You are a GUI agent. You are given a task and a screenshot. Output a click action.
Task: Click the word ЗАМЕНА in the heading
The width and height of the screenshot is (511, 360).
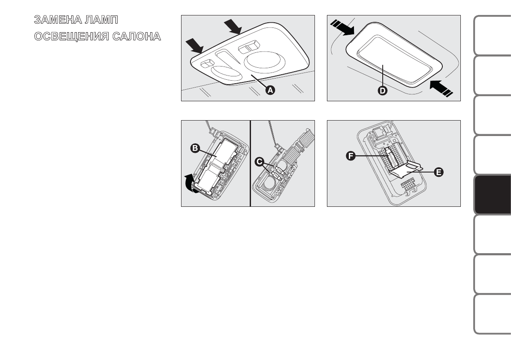click(57, 20)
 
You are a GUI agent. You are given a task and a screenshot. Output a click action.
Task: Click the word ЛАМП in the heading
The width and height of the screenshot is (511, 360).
click(101, 20)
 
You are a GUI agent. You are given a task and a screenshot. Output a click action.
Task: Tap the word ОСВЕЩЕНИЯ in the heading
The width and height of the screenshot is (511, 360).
click(71, 36)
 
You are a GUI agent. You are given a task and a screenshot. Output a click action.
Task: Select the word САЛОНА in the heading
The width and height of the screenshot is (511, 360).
click(136, 36)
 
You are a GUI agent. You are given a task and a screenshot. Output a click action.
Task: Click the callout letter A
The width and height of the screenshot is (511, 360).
click(270, 90)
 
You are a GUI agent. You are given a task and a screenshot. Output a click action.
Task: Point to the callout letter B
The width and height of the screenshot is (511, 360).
click(195, 148)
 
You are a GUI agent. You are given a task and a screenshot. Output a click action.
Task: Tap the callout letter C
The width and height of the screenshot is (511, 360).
click(260, 162)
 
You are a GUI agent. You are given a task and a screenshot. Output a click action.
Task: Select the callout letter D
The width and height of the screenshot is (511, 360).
click(382, 91)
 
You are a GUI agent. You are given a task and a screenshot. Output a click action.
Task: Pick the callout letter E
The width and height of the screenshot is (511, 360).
click(438, 172)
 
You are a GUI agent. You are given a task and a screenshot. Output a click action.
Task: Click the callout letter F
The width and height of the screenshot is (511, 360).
click(351, 156)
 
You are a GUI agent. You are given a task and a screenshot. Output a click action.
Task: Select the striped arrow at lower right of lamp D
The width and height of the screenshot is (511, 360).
click(441, 88)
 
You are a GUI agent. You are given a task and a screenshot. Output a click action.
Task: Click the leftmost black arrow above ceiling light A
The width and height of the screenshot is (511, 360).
click(194, 45)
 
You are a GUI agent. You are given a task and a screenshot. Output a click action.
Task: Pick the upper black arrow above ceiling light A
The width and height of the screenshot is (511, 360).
click(233, 27)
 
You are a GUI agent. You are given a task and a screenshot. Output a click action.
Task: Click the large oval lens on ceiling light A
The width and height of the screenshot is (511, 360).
click(264, 62)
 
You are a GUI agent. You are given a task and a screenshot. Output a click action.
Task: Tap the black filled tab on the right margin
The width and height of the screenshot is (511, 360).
click(493, 194)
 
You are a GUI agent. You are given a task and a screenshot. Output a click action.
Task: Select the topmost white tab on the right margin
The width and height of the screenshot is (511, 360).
click(493, 35)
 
